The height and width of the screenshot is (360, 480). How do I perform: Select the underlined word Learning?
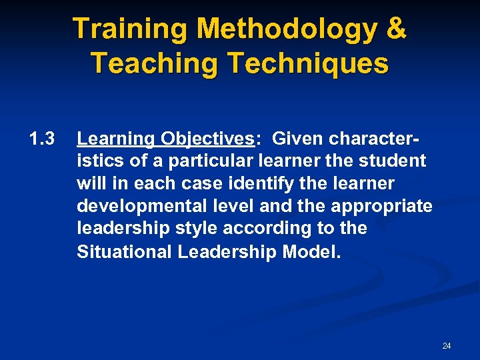tap(115, 139)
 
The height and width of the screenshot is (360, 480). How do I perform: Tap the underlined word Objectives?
tap(205, 139)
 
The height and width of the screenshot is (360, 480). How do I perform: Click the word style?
tap(199, 228)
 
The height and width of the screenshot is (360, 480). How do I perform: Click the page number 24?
tap(447, 345)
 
